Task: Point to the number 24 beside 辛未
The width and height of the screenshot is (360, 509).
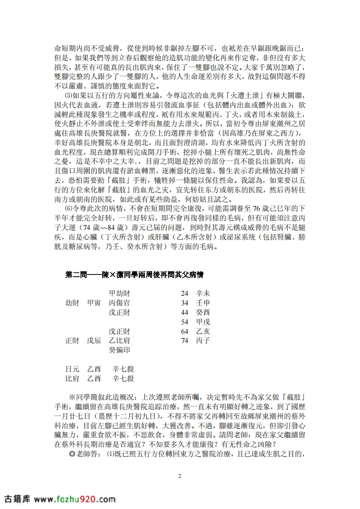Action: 184,293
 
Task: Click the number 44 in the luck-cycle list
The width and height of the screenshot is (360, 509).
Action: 184,312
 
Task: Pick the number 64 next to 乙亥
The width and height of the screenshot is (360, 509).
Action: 184,331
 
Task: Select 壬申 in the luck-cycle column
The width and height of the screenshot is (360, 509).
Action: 202,303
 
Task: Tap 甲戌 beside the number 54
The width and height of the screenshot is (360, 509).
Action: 202,322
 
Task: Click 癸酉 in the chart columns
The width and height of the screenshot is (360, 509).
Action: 202,312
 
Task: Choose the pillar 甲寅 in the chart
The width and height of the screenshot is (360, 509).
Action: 94,303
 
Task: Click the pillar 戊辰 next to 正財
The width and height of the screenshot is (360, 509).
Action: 94,341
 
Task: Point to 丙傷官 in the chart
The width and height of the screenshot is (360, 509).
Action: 119,303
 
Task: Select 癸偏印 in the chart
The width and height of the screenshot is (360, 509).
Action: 119,350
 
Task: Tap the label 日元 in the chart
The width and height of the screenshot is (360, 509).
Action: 72,369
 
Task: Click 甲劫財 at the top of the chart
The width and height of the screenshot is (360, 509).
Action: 119,293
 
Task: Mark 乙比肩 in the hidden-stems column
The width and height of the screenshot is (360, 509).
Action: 119,341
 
